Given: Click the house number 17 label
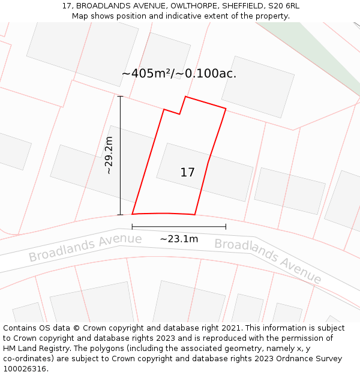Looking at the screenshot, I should click(x=187, y=173).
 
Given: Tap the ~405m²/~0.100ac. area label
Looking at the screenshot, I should click(x=179, y=74).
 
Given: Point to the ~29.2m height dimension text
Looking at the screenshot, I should click(x=109, y=155).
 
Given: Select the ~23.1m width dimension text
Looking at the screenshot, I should click(x=179, y=239).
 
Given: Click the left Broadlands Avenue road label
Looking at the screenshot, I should click(x=85, y=248).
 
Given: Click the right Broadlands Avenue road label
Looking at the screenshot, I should click(x=268, y=261).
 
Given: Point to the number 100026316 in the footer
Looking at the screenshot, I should click(x=23, y=368).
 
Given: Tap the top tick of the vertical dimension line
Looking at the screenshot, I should click(x=120, y=96).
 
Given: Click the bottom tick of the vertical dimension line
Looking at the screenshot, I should click(x=120, y=214).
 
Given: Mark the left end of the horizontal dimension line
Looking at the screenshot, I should click(x=132, y=227).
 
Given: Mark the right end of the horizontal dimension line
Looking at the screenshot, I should click(x=226, y=227).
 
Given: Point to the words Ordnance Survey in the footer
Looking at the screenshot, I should click(x=313, y=359).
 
